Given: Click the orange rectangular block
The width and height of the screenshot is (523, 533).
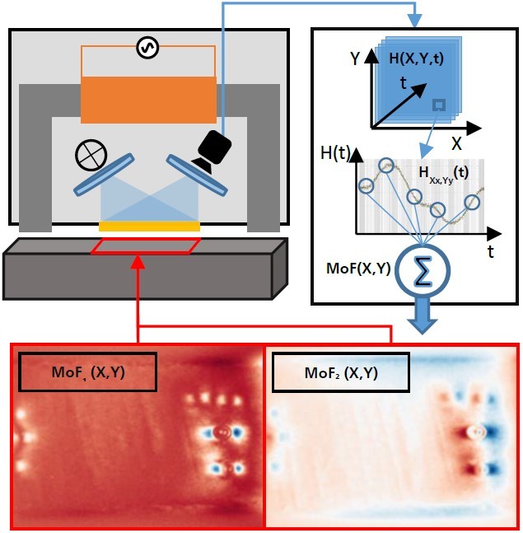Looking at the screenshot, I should click(148, 99).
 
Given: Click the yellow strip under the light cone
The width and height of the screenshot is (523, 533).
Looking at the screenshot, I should click(149, 226).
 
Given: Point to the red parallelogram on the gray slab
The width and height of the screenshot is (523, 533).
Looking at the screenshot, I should click(146, 245).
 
